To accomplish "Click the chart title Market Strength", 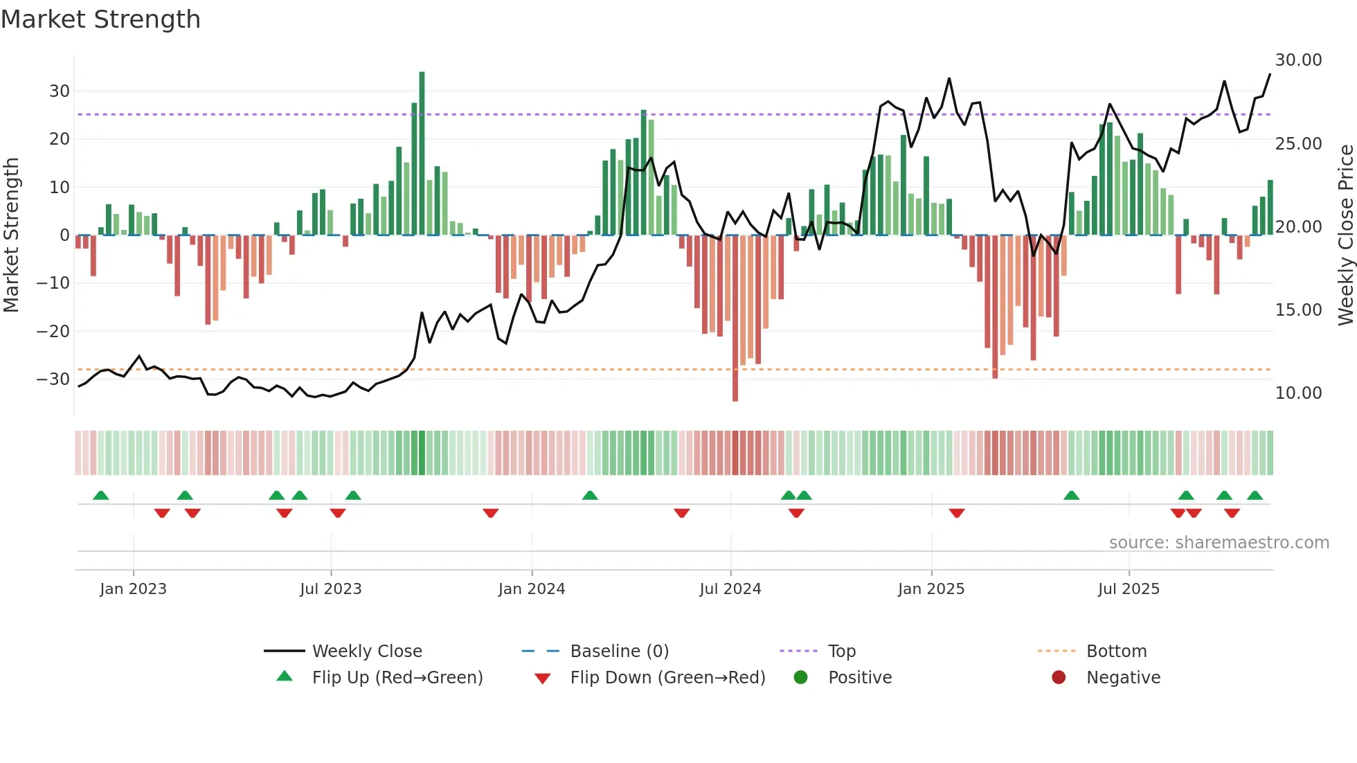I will pyautogui.click(x=100, y=19).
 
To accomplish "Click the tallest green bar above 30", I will pyautogui.click(x=422, y=152).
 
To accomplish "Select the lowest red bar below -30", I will pyautogui.click(x=735, y=318).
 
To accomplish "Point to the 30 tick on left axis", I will pyautogui.click(x=60, y=91).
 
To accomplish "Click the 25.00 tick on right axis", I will pyautogui.click(x=1298, y=144).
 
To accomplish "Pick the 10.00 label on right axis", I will pyautogui.click(x=1298, y=393).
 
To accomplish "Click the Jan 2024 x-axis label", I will pyautogui.click(x=532, y=589).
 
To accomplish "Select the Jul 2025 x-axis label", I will pyautogui.click(x=1129, y=589).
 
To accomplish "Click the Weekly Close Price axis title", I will pyautogui.click(x=1345, y=235).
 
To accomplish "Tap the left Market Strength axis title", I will pyautogui.click(x=12, y=235).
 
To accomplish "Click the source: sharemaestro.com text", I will pyautogui.click(x=1219, y=543).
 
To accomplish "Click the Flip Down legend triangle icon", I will pyautogui.click(x=543, y=679).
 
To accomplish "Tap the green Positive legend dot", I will pyautogui.click(x=801, y=678).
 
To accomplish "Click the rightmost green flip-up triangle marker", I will pyautogui.click(x=1255, y=496).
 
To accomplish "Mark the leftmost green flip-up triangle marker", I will pyautogui.click(x=101, y=496).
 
